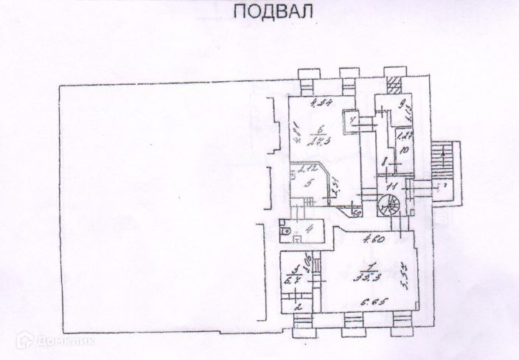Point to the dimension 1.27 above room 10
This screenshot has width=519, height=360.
pos(404,135)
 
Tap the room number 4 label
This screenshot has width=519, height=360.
pos(310,229)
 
